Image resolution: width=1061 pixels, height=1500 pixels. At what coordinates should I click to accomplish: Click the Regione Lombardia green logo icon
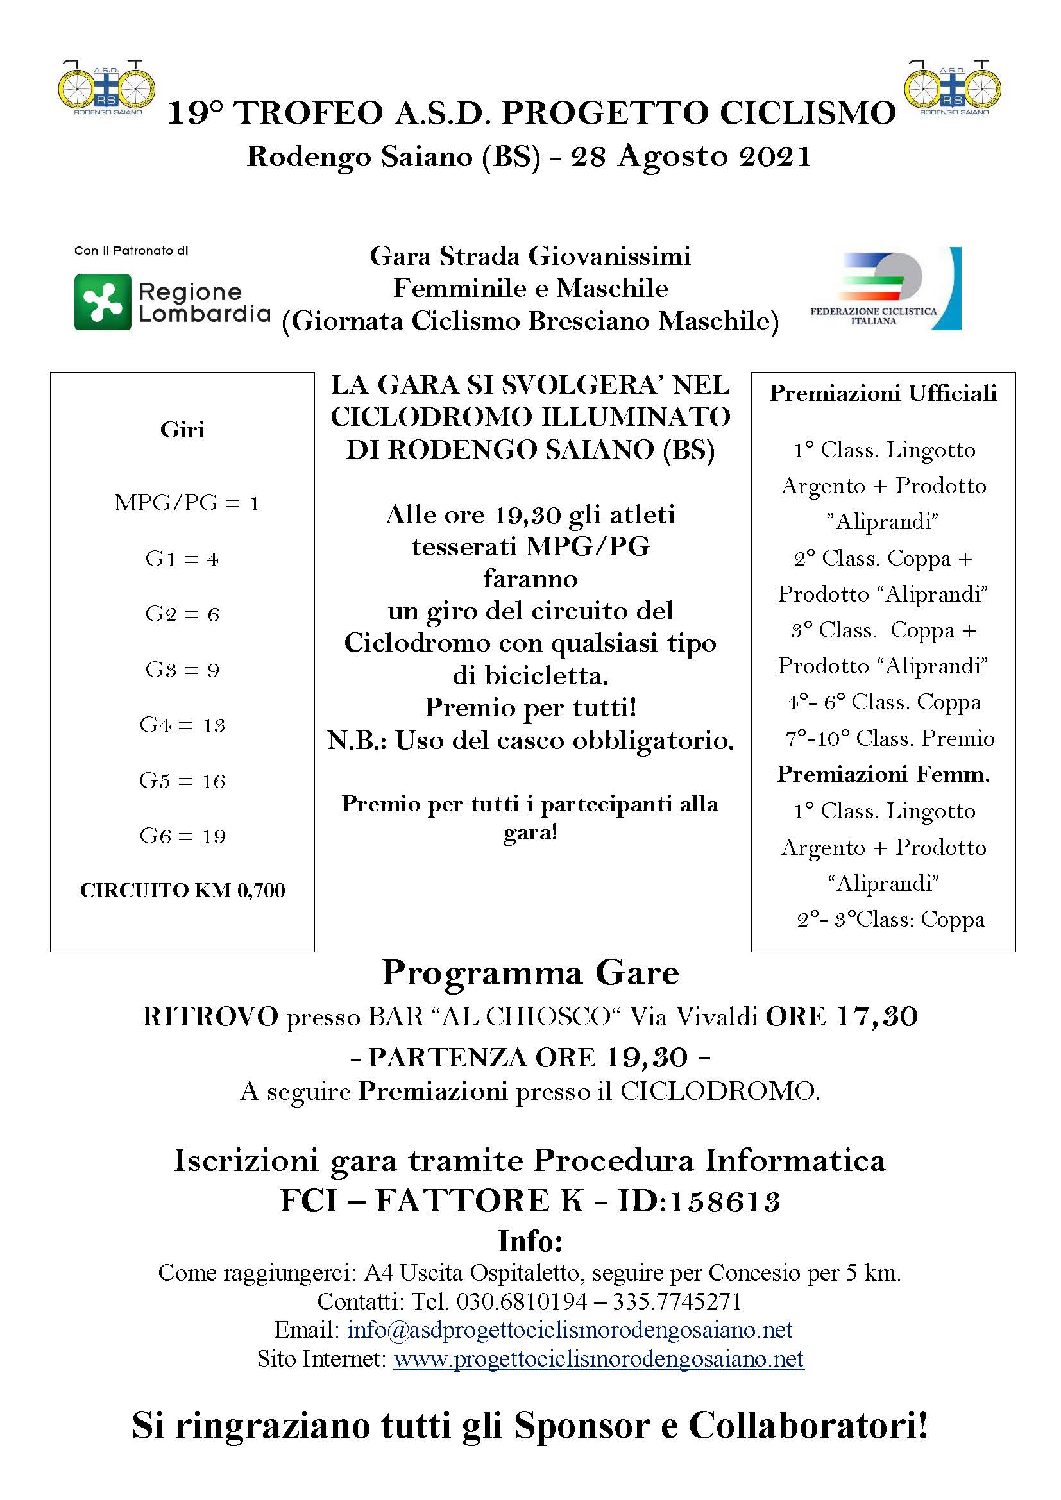(x=103, y=302)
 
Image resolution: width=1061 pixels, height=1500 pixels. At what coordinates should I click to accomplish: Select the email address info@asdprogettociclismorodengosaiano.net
(x=569, y=1329)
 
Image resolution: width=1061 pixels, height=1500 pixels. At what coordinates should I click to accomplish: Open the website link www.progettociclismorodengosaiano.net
(x=598, y=1359)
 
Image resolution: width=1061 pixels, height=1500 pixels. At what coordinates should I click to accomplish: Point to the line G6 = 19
(x=182, y=836)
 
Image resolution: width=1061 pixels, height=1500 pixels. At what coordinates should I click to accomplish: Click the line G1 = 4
(x=182, y=559)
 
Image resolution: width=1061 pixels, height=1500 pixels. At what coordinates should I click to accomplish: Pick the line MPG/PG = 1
(x=187, y=503)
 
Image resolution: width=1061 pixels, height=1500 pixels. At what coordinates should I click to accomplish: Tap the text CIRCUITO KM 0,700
(x=182, y=891)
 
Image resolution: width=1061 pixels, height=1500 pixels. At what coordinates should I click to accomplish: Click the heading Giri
(x=182, y=429)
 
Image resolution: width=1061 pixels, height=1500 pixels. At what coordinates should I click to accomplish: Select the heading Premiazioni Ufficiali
(x=883, y=392)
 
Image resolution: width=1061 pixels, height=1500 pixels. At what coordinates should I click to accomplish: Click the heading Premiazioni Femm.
(x=883, y=774)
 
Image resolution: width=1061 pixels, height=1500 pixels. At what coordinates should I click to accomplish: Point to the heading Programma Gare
(x=530, y=973)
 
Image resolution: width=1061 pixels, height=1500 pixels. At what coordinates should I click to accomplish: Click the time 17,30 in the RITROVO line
(x=877, y=1016)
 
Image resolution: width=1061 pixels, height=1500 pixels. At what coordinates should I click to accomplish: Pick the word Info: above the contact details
(x=530, y=1241)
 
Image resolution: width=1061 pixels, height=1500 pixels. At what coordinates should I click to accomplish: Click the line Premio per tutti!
(x=530, y=707)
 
